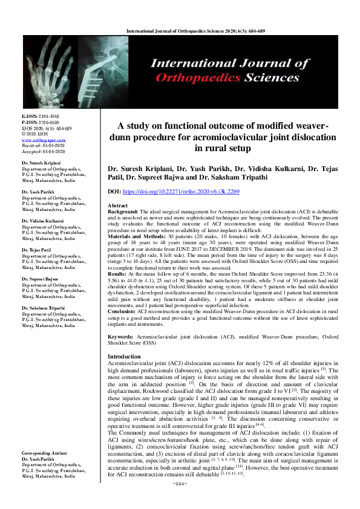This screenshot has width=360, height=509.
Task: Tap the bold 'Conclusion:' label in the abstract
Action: point(123,313)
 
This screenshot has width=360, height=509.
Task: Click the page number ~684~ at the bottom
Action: point(180,501)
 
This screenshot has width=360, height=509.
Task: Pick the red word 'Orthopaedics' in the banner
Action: point(206,77)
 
